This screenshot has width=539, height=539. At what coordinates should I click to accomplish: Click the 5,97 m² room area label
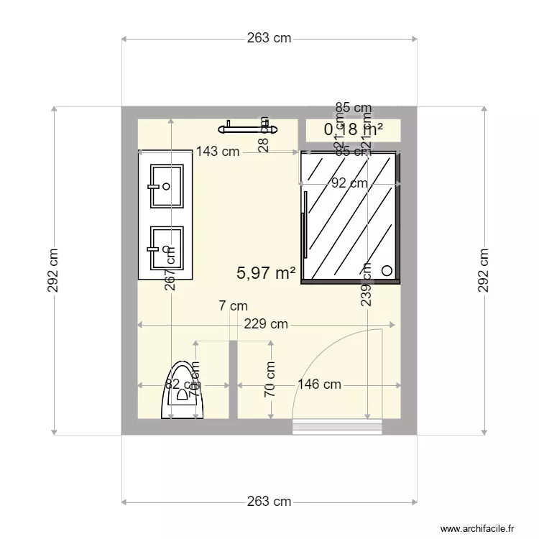[267, 273]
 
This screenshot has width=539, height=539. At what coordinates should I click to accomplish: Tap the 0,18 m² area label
[353, 129]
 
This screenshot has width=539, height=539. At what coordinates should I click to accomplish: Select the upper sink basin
[166, 186]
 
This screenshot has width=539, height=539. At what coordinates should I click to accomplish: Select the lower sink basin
[166, 249]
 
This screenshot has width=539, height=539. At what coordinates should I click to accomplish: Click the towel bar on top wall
[248, 128]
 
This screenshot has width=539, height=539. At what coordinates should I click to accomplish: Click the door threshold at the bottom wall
[336, 428]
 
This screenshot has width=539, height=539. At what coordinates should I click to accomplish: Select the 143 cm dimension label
[218, 152]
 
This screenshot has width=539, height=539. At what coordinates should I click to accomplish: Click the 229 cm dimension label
[266, 324]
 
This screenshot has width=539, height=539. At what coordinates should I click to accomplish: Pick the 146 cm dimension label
[319, 384]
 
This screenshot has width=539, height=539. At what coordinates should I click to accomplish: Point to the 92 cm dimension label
[349, 183]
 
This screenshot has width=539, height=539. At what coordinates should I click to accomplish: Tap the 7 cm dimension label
[233, 306]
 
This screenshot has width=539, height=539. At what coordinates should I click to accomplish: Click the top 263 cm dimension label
[269, 38]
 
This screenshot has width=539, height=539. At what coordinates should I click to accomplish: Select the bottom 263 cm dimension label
[269, 502]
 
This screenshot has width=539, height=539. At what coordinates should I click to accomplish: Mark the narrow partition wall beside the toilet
[233, 381]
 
